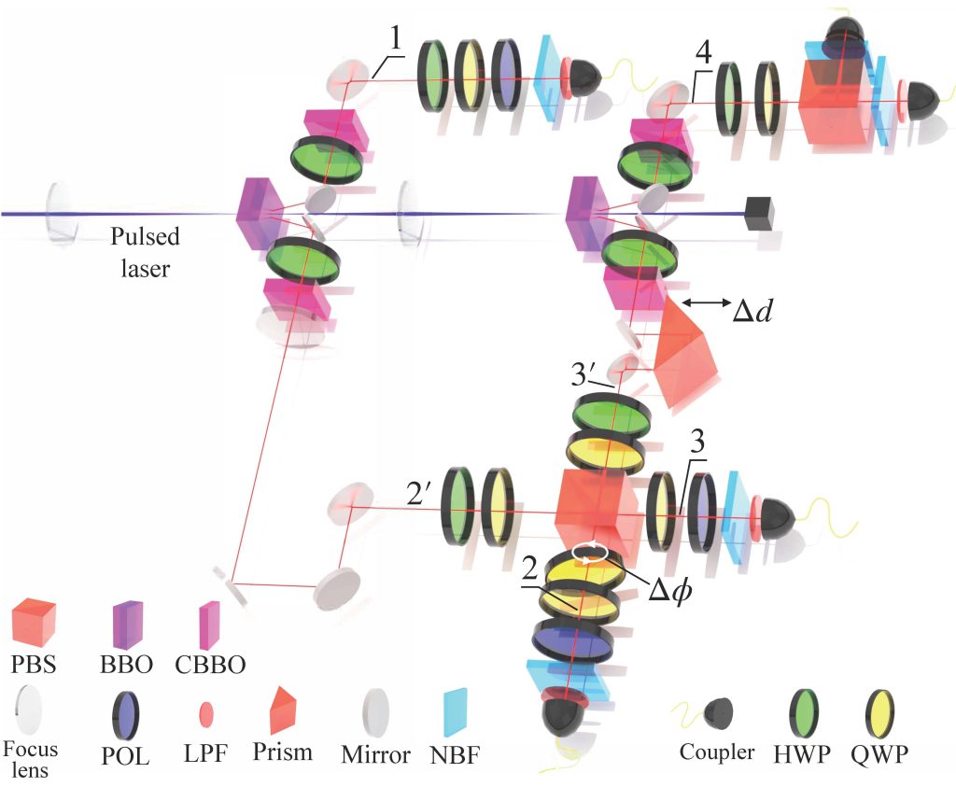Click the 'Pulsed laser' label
click(x=145, y=252)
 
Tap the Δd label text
click(x=752, y=311)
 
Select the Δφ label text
click(x=669, y=589)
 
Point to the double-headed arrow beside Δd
click(x=706, y=302)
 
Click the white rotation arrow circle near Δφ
click(x=588, y=552)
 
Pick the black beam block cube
click(x=759, y=214)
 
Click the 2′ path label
click(x=419, y=493)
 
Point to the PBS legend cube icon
click(x=34, y=623)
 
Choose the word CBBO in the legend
click(x=210, y=665)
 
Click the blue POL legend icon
click(x=125, y=716)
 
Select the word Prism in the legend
click(x=282, y=752)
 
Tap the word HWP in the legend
click(x=802, y=754)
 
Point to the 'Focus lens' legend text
click(x=30, y=759)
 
